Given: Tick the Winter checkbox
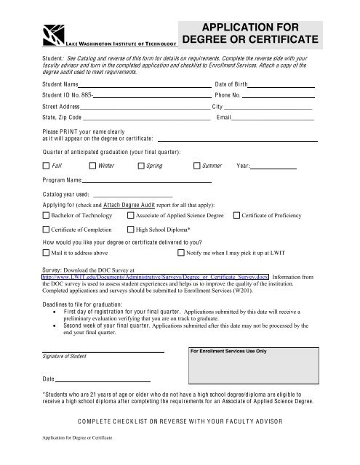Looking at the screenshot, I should [91, 166].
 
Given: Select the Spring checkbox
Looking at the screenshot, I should [141, 166].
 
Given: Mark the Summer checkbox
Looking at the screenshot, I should [197, 166].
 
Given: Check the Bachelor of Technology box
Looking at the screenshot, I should [47, 215].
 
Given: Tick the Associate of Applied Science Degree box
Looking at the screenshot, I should [130, 215].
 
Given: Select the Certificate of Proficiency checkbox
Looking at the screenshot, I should [236, 215].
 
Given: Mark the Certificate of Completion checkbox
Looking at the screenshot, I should [47, 229].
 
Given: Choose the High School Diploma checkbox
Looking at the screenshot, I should [130, 229].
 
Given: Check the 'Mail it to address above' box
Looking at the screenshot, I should [47, 254].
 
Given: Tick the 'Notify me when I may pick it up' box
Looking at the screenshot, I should [181, 254].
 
